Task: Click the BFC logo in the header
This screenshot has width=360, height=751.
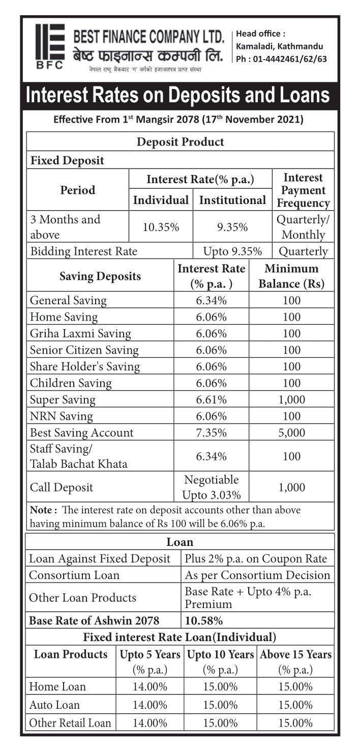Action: click(49, 46)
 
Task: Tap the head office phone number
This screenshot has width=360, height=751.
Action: click(281, 59)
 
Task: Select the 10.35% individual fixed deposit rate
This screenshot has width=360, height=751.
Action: click(161, 227)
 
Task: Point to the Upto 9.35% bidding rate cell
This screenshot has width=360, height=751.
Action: click(232, 251)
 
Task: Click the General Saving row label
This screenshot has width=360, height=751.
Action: click(68, 300)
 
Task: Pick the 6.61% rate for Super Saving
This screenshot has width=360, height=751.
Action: click(212, 399)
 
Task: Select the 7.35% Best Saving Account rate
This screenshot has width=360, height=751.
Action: click(212, 432)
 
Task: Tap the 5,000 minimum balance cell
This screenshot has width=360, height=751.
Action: click(292, 432)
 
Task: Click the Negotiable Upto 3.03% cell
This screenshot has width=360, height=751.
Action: click(212, 487)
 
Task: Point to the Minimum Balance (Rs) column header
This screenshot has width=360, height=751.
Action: click(291, 276)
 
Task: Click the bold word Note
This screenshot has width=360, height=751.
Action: click(41, 510)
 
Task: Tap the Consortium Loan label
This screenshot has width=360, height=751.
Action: click(74, 575)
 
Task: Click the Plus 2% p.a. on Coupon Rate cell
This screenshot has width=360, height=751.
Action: click(256, 559)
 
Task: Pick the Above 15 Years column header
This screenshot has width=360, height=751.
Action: click(295, 655)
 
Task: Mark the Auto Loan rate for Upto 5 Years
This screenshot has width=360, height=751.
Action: click(150, 705)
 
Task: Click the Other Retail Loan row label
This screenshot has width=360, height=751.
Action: click(70, 723)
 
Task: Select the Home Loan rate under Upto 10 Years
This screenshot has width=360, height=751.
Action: click(220, 686)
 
